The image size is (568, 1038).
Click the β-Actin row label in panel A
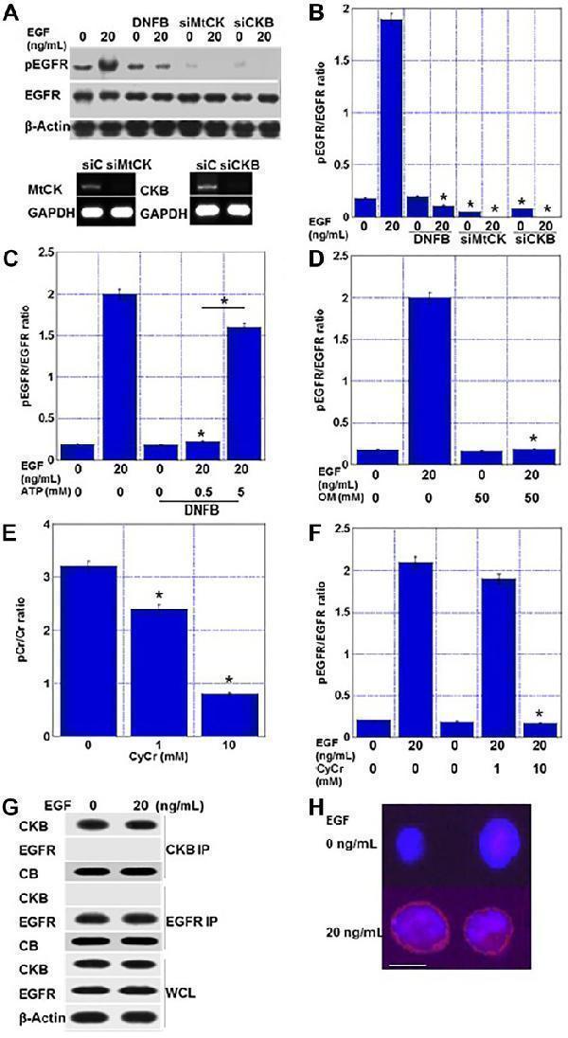point(35,124)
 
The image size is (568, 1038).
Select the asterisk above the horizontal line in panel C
point(225,301)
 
